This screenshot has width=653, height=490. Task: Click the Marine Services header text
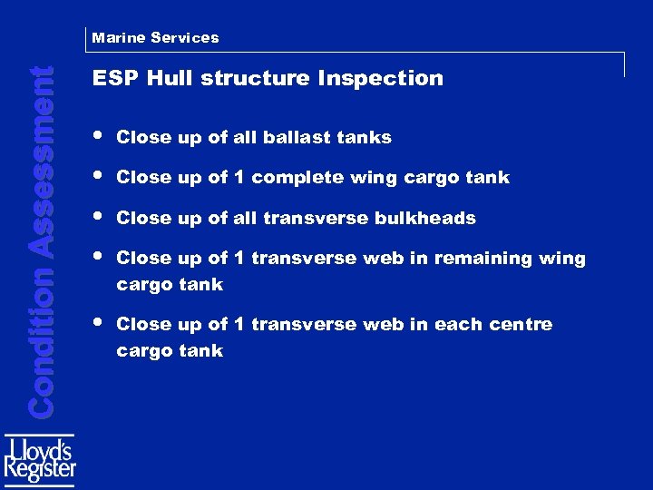click(x=155, y=37)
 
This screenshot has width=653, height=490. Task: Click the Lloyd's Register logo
click(x=41, y=459)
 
